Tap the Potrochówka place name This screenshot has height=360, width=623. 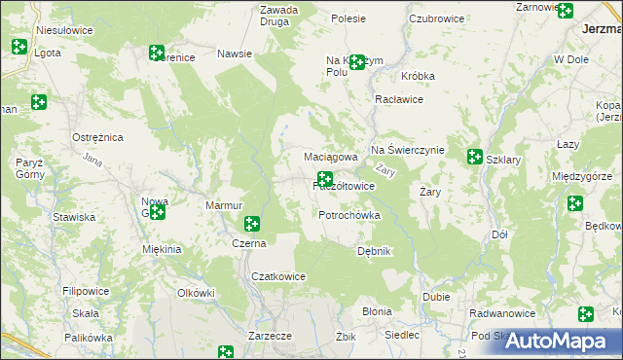348,215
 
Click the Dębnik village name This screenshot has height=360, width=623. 374,251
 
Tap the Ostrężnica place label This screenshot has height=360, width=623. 97,138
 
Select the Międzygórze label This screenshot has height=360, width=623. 581,176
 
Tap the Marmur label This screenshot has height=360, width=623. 223,206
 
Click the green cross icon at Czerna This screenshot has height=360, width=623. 252,225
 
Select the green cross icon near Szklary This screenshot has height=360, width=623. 474,156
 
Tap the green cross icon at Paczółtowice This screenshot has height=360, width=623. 325,179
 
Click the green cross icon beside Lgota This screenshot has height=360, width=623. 18,46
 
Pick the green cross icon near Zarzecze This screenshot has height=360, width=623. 226,352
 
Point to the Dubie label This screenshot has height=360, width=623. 435,298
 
